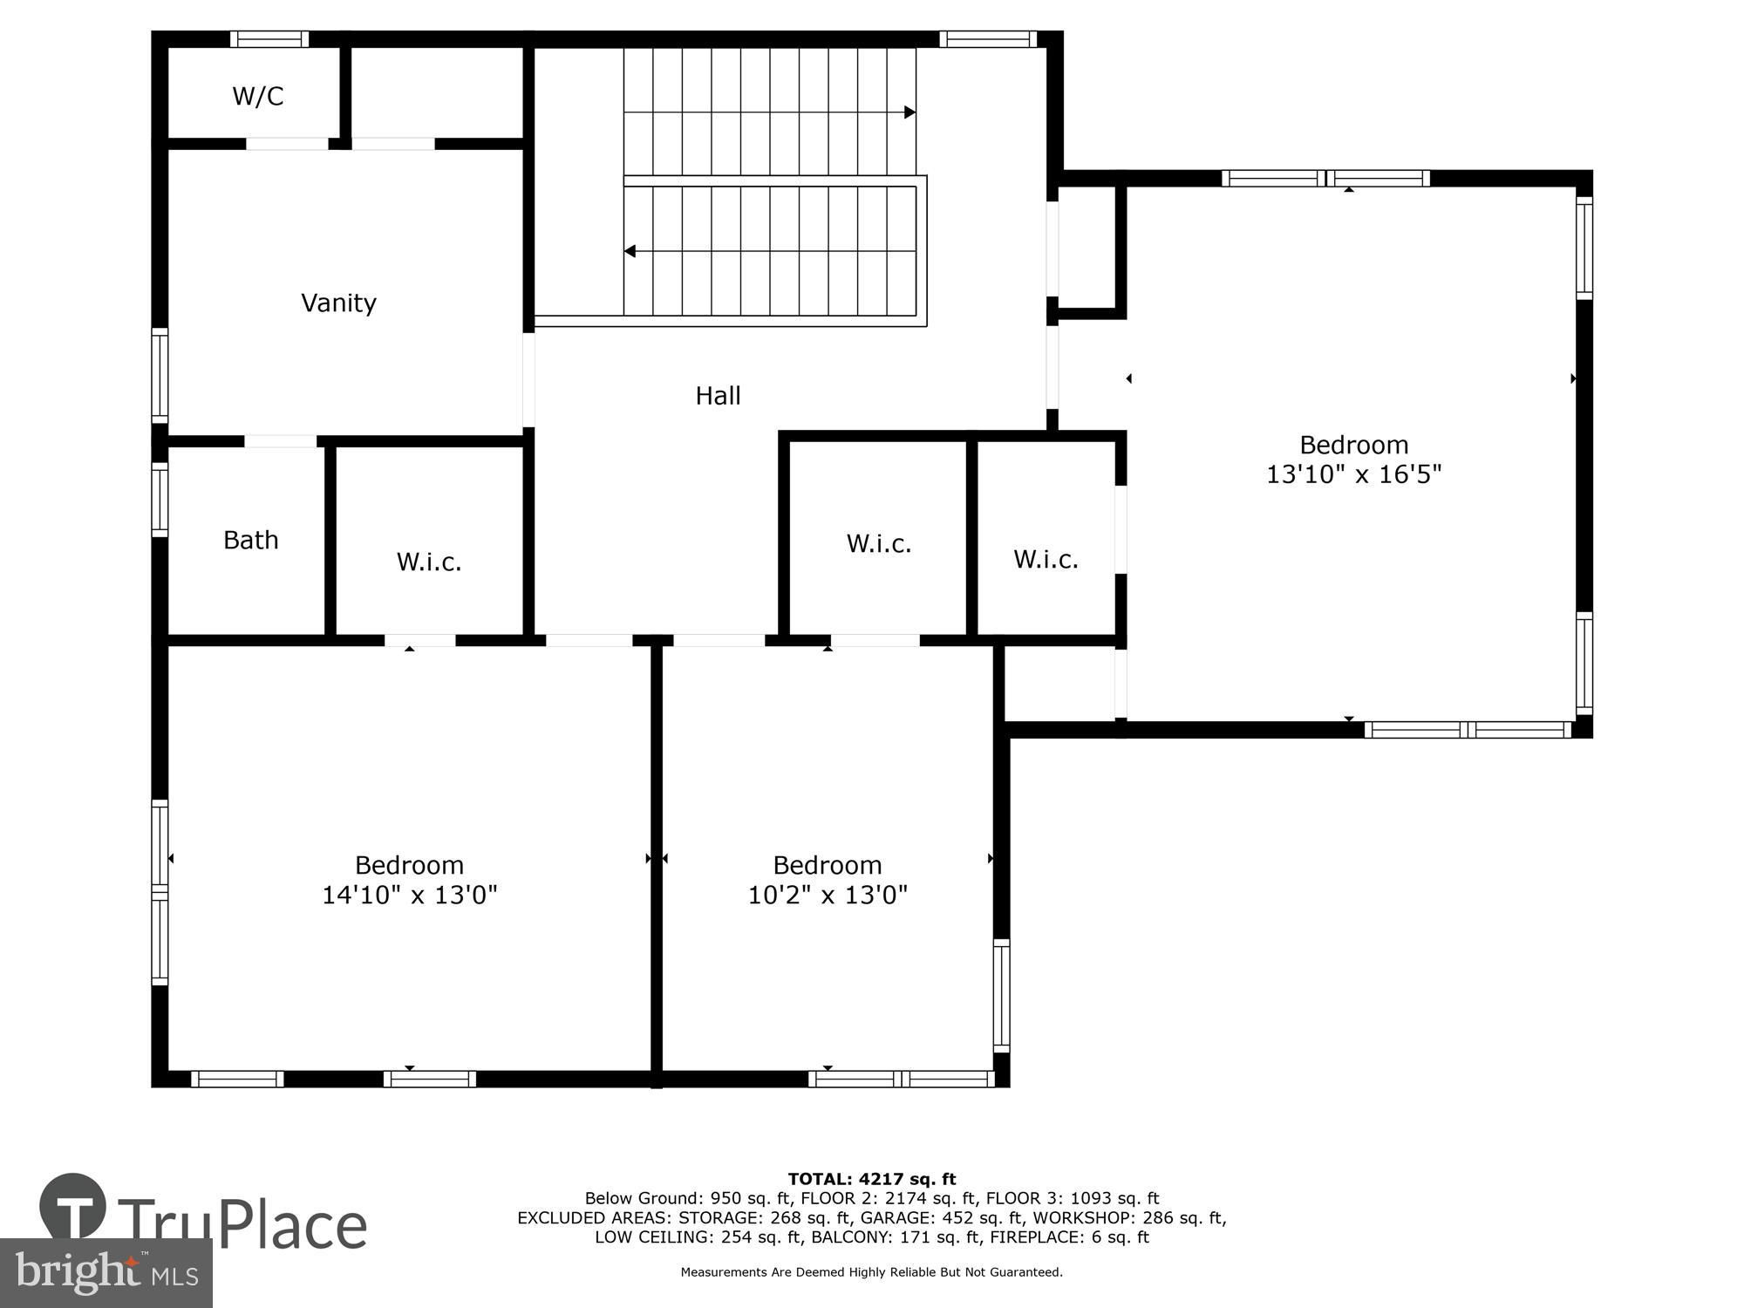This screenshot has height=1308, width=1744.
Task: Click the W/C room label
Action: [x=258, y=96]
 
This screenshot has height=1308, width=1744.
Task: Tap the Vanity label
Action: [x=338, y=303]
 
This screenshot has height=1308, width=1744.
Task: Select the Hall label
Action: [x=718, y=396]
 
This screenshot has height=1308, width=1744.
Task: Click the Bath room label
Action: [x=251, y=540]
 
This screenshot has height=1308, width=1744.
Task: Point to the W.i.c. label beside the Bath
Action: [x=429, y=562]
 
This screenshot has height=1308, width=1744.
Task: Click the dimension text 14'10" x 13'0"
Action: [x=409, y=895]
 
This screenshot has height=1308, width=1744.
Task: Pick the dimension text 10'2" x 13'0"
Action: [x=828, y=895]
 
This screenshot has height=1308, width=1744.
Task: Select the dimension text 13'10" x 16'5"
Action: [x=1353, y=474]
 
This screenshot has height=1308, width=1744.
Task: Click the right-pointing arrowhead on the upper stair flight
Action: [x=909, y=112]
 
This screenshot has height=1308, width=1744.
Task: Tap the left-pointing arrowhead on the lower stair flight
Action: [x=630, y=251]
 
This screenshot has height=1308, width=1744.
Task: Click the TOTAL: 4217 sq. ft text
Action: [x=871, y=1179]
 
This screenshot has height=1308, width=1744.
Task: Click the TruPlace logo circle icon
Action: [x=73, y=1207]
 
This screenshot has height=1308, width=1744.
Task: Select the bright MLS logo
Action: [x=106, y=1273]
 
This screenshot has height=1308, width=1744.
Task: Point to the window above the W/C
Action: [x=269, y=39]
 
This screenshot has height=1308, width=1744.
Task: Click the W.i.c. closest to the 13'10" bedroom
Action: [x=1046, y=559]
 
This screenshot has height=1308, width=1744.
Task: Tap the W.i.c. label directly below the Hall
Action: [x=878, y=543]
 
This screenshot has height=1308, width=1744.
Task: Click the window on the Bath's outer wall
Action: [x=160, y=500]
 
